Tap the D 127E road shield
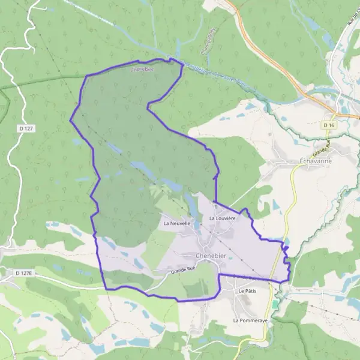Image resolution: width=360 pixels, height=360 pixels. (x=23, y=273)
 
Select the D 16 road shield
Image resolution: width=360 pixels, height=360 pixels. (x=328, y=125)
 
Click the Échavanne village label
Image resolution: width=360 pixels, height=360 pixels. (x=316, y=161)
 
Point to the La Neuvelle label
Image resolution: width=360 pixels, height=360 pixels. (x=177, y=223)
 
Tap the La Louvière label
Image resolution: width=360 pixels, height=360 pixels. (x=222, y=218)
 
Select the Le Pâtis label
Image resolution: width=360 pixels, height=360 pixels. (x=247, y=291)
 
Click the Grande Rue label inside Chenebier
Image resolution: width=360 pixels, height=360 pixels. (x=183, y=271)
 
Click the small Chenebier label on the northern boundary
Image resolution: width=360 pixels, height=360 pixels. (x=142, y=69)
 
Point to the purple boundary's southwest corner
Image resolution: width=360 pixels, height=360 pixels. (x=107, y=289)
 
